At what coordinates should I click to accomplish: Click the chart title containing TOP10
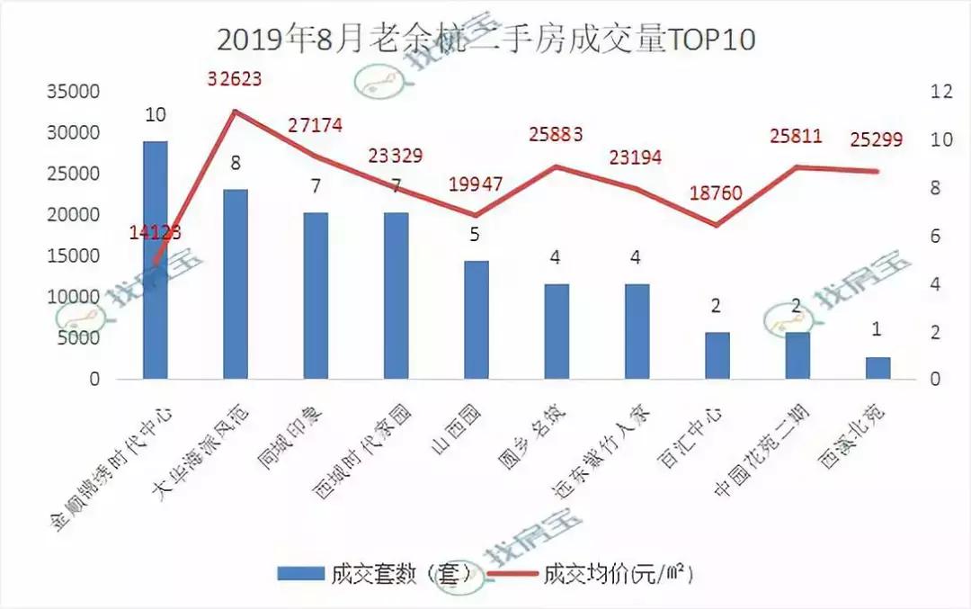click(x=485, y=40)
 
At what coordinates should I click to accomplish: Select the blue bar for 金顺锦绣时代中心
click(x=155, y=261)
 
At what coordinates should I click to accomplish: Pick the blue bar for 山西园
click(x=476, y=320)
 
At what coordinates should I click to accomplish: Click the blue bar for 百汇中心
click(x=717, y=356)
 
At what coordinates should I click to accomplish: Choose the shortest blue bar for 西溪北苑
click(x=877, y=369)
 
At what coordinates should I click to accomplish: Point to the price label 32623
click(x=234, y=78)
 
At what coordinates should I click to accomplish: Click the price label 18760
click(x=717, y=193)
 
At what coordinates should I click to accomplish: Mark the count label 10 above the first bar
click(x=155, y=115)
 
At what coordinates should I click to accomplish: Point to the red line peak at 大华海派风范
click(x=235, y=111)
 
